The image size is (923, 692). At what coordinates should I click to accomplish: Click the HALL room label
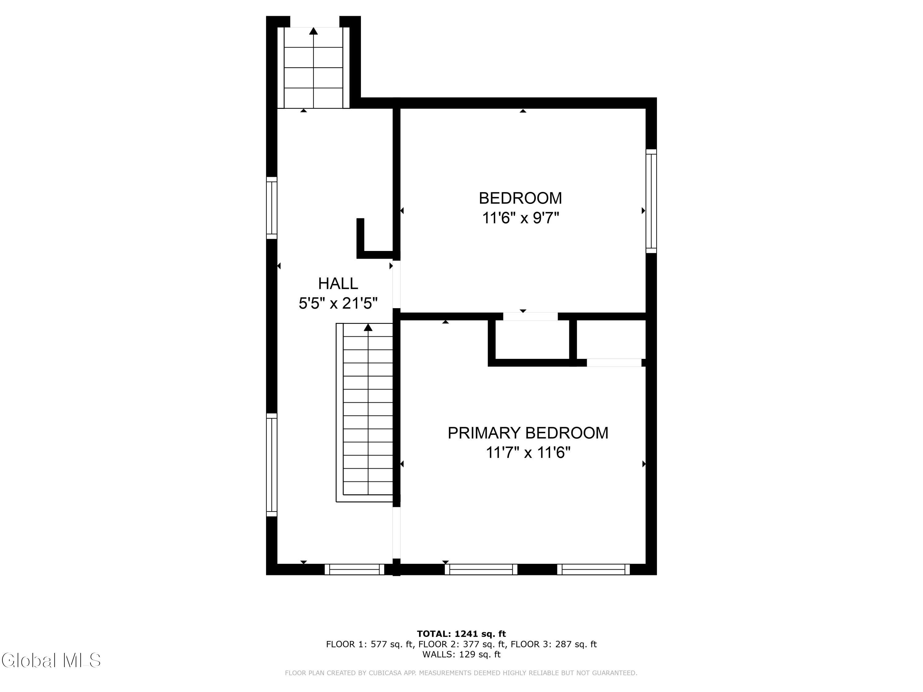[x=338, y=284]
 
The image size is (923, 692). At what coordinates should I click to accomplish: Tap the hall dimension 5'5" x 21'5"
[x=338, y=303]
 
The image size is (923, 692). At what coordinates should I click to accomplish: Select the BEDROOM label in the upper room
[x=520, y=198]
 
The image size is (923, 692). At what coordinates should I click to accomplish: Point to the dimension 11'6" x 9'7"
[x=520, y=218]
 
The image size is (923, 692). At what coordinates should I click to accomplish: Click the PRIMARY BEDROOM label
[x=528, y=433]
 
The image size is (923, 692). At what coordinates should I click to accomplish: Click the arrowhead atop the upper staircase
[x=314, y=31]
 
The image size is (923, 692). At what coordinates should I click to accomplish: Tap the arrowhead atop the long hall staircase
[x=368, y=328]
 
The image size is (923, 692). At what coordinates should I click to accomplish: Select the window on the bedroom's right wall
[x=651, y=201]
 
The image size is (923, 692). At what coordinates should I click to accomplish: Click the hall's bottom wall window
[x=354, y=569]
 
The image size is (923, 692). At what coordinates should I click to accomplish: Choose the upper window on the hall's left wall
[x=272, y=208]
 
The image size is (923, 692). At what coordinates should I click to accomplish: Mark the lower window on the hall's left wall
[x=272, y=465]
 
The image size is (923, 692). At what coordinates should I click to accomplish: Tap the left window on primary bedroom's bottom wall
[x=481, y=569]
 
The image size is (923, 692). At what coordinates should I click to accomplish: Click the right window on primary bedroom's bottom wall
[x=593, y=569]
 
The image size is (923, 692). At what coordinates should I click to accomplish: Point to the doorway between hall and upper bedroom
[x=396, y=284]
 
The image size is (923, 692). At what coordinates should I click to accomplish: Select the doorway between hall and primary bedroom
[x=396, y=533]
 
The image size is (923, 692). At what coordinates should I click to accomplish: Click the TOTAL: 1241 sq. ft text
[x=461, y=634]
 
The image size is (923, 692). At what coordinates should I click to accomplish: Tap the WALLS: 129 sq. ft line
[x=461, y=654]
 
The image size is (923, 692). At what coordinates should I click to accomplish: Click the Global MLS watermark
[x=51, y=660]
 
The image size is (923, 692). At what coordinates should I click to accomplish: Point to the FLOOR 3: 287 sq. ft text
[x=554, y=644]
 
